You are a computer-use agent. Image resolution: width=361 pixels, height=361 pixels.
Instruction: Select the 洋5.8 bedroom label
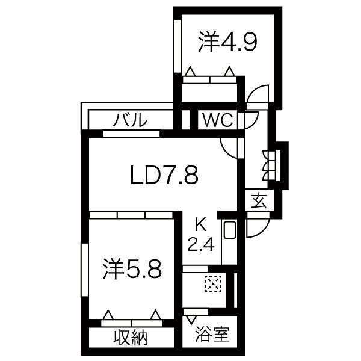coord(132,269)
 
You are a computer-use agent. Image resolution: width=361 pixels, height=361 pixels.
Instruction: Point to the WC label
coord(218,120)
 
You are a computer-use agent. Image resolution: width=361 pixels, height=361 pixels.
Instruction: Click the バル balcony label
coord(130,120)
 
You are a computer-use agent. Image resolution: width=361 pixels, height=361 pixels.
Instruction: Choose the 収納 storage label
coord(131,338)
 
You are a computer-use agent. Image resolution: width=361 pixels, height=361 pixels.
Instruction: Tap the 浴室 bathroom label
coord(212,334)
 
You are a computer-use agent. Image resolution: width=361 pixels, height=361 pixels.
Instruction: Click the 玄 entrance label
coord(259,200)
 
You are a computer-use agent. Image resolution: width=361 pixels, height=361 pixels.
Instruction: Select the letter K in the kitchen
coord(201,226)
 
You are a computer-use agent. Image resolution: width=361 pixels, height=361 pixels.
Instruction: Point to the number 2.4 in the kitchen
coord(201,244)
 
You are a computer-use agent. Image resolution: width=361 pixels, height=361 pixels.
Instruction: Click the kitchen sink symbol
coord(230,230)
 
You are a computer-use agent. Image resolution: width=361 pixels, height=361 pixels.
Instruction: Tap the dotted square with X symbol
coord(213,284)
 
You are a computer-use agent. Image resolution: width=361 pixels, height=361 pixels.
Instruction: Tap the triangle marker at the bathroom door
coord(191,320)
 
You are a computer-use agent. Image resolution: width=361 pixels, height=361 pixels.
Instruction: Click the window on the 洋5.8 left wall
coord(85,270)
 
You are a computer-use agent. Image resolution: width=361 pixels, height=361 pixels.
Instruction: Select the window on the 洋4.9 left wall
coord(177,46)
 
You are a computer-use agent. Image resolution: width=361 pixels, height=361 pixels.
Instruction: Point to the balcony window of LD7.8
coord(131,134)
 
